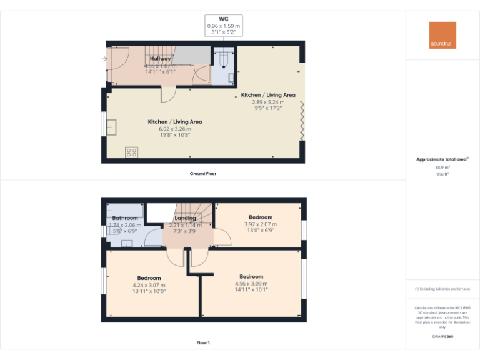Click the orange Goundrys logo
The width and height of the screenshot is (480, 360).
pyautogui.click(x=442, y=35)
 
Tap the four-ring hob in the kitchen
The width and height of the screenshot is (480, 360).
pyautogui.click(x=131, y=151)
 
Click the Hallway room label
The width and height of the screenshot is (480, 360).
pyautogui.click(x=160, y=58)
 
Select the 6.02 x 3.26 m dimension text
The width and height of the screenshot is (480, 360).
pyautogui.click(x=174, y=129)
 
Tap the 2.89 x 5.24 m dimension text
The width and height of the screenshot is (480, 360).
pyautogui.click(x=268, y=102)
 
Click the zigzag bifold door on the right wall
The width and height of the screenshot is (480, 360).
pyautogui.click(x=303, y=122)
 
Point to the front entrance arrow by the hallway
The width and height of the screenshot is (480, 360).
pyautogui.click(x=103, y=59)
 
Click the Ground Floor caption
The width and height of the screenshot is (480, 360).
pyautogui.click(x=202, y=173)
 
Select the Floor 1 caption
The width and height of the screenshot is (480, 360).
pyautogui.click(x=202, y=342)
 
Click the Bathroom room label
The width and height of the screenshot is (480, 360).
pyautogui.click(x=125, y=218)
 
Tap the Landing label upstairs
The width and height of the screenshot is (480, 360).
pyautogui.click(x=185, y=218)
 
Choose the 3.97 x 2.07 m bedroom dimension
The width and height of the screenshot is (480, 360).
pyautogui.click(x=260, y=224)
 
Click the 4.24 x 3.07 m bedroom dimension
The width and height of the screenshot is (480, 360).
pyautogui.click(x=149, y=285)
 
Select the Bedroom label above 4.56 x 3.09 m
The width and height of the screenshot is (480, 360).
pyautogui.click(x=251, y=276)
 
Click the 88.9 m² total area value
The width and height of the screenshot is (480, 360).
pyautogui.click(x=442, y=167)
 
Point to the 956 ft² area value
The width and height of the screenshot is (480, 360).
pyautogui.click(x=442, y=174)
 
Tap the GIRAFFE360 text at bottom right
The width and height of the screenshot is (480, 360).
pyautogui.click(x=442, y=336)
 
